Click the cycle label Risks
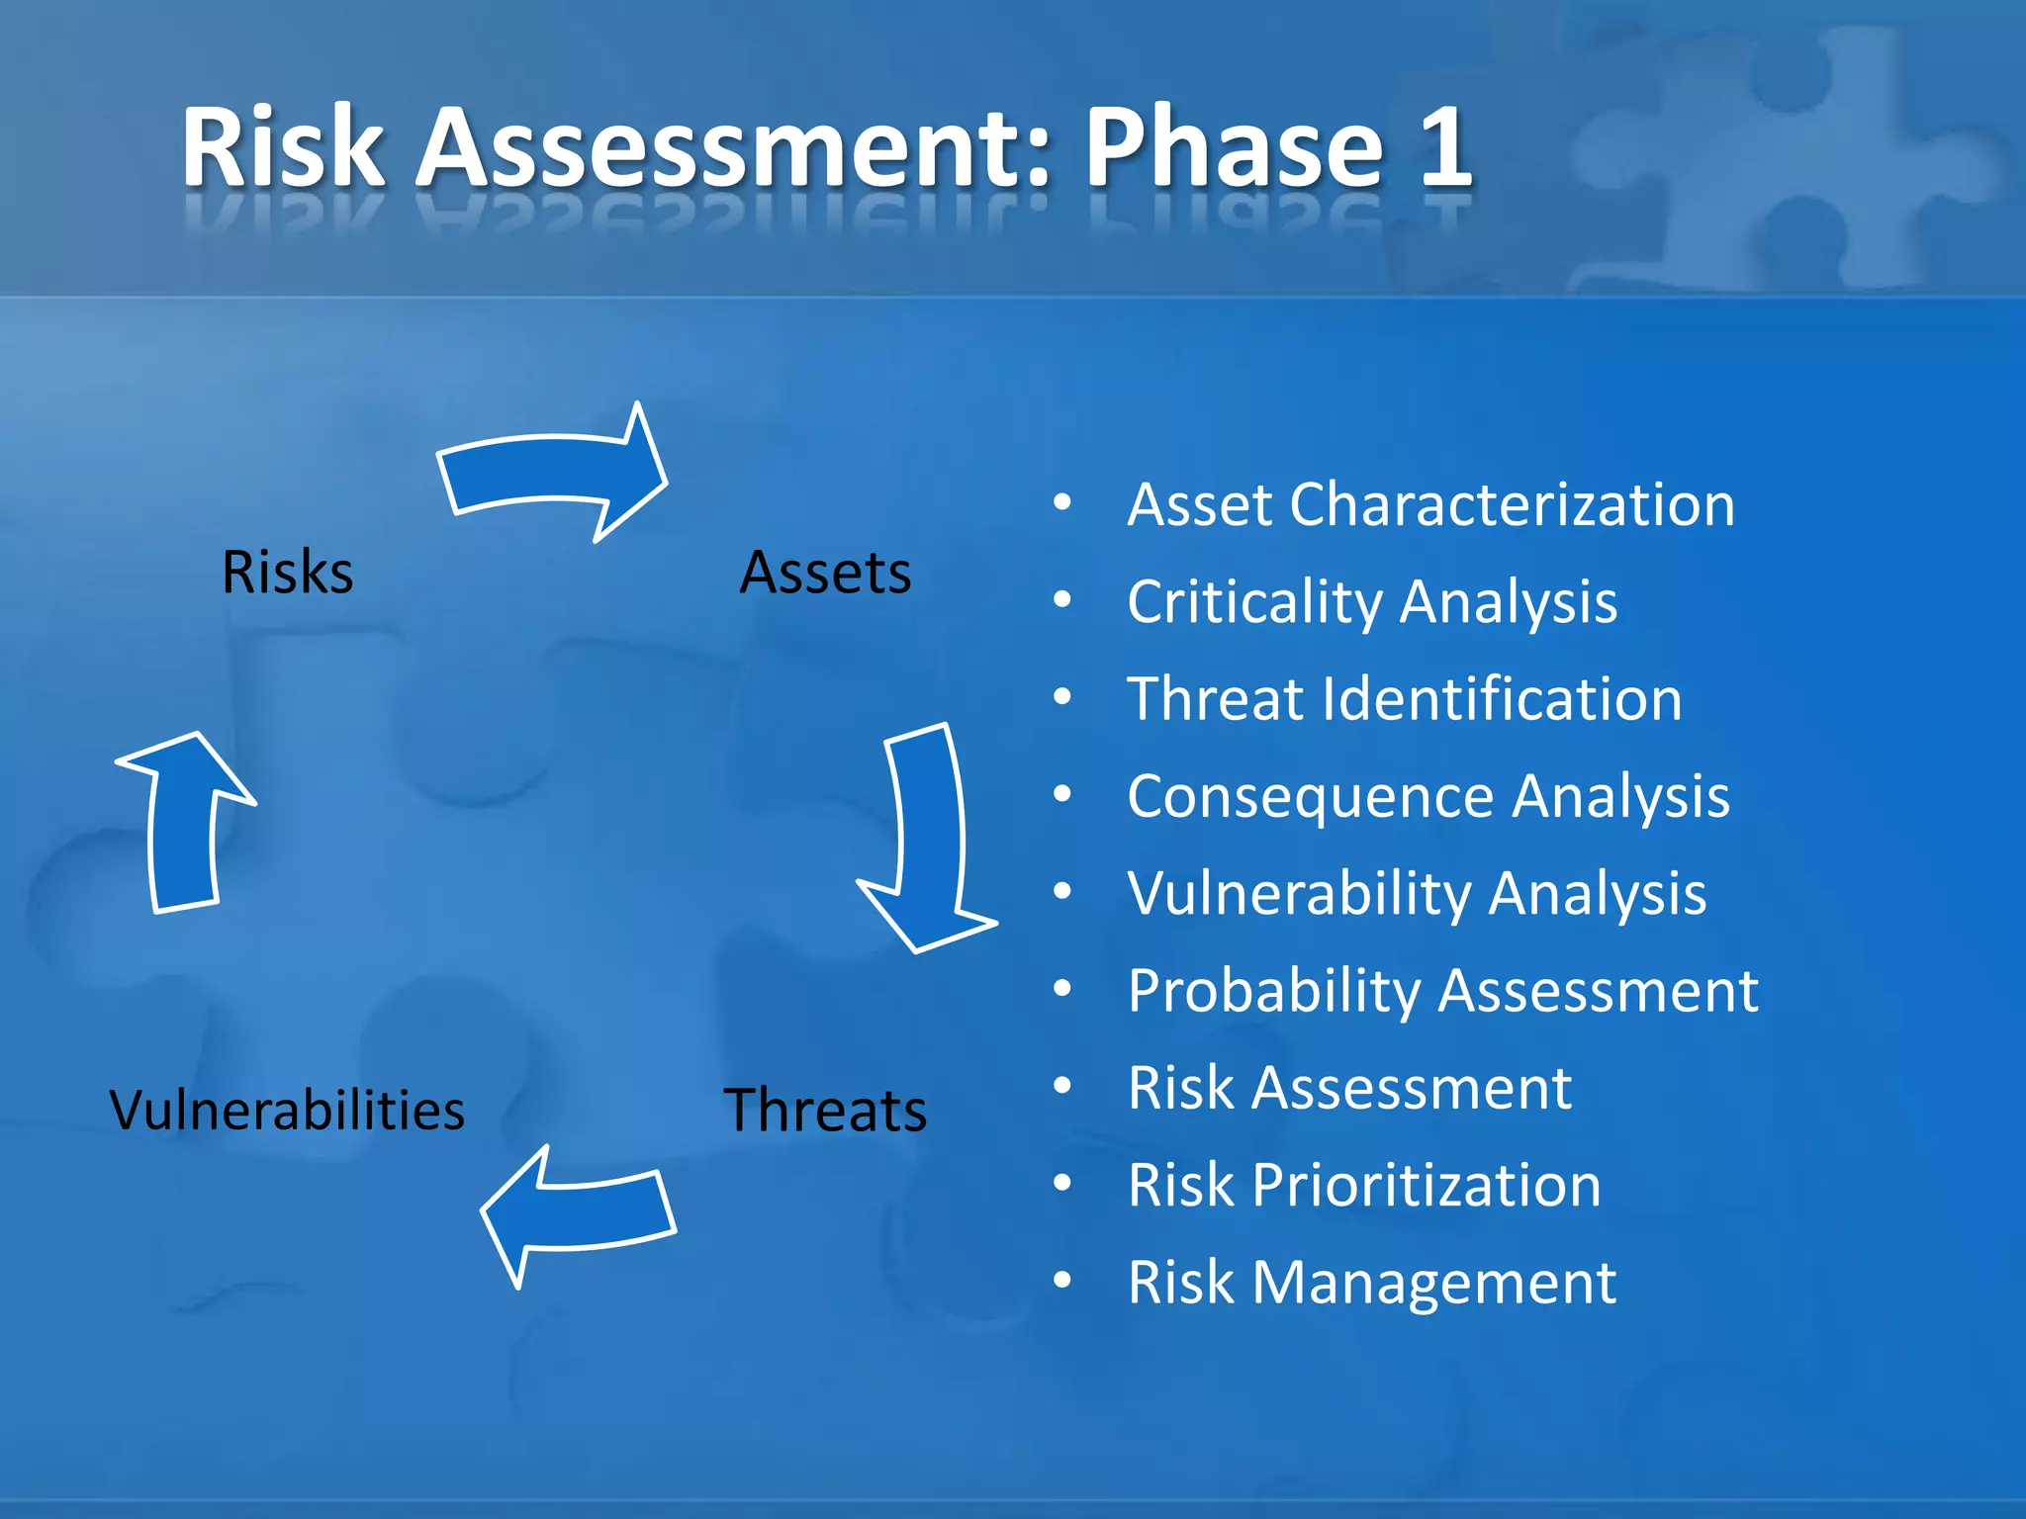click(x=287, y=572)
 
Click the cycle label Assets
click(x=825, y=572)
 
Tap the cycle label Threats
click(x=825, y=1110)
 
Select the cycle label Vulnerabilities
click(x=287, y=1110)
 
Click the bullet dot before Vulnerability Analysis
click(x=1062, y=892)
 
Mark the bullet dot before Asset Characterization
click(x=1062, y=502)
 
